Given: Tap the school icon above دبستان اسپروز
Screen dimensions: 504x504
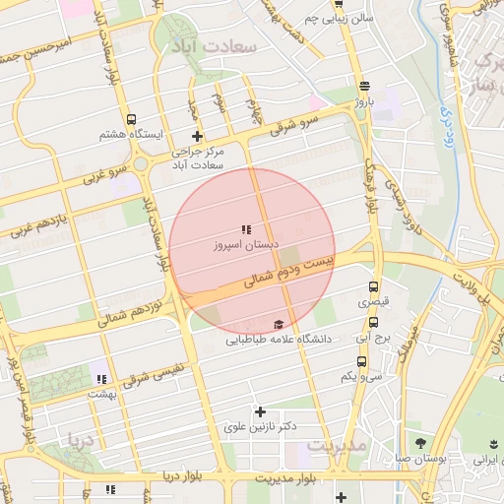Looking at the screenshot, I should click(x=246, y=229).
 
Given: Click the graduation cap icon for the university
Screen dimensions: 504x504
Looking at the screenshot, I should click(x=279, y=325).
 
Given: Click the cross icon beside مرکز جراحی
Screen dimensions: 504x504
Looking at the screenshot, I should click(x=197, y=136).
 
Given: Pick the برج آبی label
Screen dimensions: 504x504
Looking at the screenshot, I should click(x=375, y=338).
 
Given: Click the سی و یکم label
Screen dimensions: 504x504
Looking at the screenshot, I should click(x=361, y=376).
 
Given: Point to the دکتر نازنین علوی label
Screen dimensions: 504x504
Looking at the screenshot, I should click(x=261, y=426).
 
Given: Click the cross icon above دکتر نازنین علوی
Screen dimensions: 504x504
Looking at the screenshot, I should click(x=260, y=410).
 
